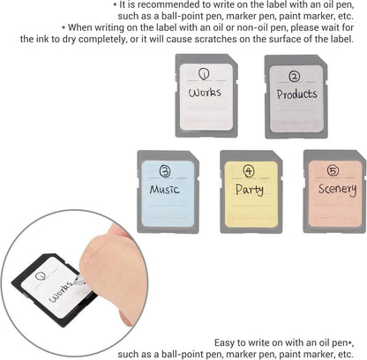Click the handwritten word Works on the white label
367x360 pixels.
205,93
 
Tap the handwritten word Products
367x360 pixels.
296,94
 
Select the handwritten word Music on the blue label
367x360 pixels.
164,189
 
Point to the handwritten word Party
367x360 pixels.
250,190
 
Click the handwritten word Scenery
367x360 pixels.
338,189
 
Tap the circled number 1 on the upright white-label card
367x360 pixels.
204,74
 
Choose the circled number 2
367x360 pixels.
294,77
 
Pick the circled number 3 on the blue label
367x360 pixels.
165,171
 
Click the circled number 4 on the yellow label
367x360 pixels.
249,171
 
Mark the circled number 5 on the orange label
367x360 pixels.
333,170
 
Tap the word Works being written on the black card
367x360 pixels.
61,292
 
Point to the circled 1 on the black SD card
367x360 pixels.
40,276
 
